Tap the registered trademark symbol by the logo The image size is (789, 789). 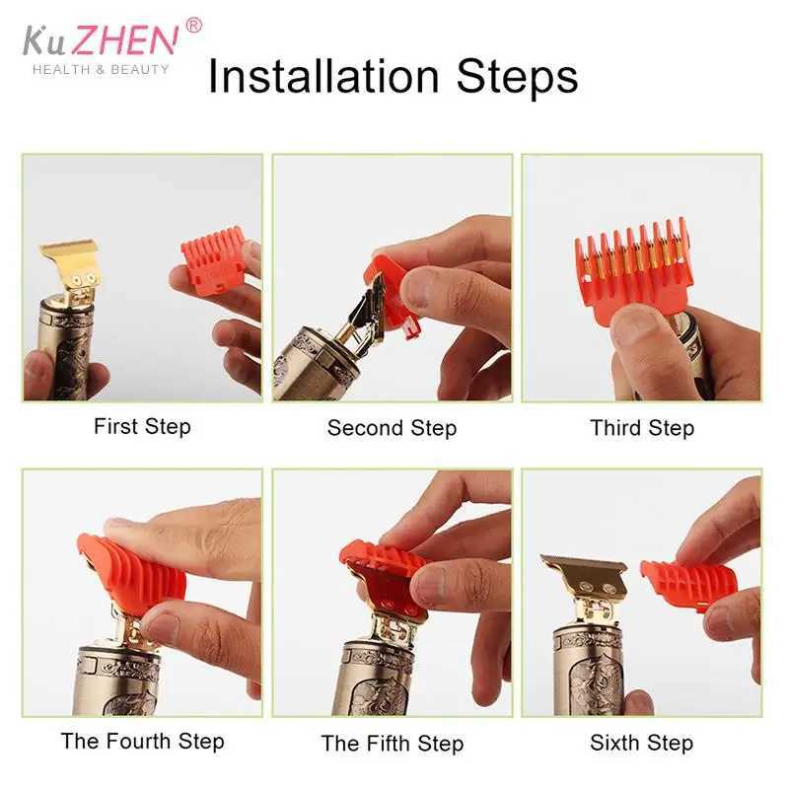193,25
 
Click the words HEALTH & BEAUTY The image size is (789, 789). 101,69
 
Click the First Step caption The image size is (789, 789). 142,427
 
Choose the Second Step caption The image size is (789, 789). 392,428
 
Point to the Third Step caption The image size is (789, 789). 642,428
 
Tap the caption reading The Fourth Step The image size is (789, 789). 142,741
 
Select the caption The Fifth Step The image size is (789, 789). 392,743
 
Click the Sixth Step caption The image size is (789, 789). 642,743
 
